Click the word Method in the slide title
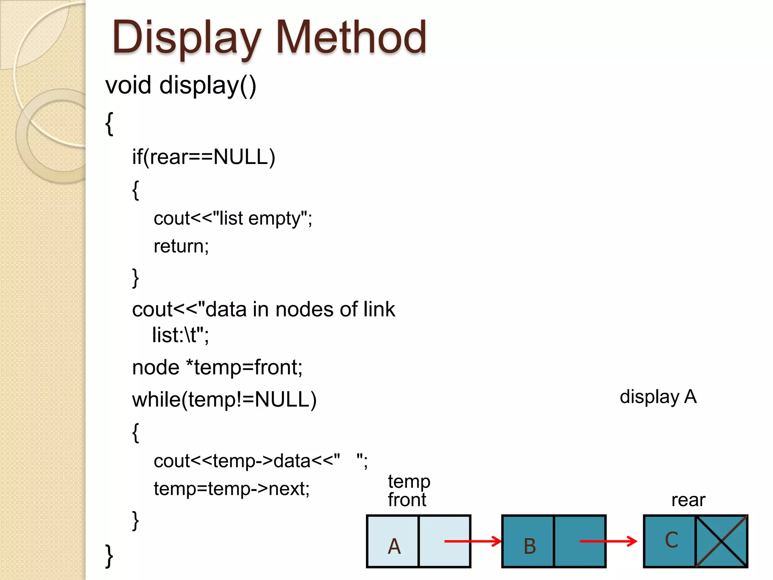[x=351, y=37]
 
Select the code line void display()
[x=181, y=85]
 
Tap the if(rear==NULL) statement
[x=203, y=157]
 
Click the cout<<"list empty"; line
[x=233, y=219]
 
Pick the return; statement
[x=181, y=246]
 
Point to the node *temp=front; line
[x=217, y=367]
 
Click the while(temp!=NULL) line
[x=224, y=400]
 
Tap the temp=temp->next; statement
[x=231, y=489]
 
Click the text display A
[x=658, y=397]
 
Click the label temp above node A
[x=409, y=481]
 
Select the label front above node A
[x=407, y=500]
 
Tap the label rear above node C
[x=688, y=500]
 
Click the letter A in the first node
[x=394, y=546]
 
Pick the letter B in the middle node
[x=530, y=546]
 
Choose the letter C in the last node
[x=671, y=540]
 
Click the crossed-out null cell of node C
[x=721, y=541]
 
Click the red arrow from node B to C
[x=608, y=541]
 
